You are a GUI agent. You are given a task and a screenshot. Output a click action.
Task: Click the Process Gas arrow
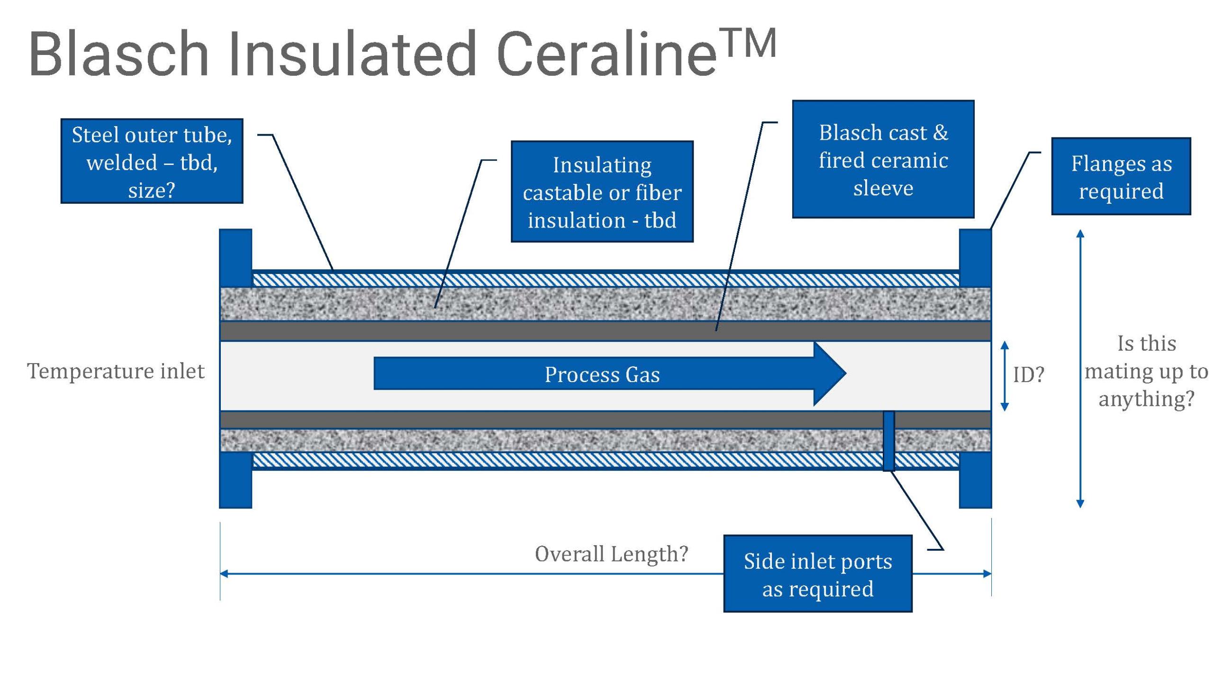pos(603,374)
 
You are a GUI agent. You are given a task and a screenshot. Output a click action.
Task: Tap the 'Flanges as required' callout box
pos(1121,176)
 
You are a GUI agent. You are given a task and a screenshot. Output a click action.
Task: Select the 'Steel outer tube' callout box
pos(152,162)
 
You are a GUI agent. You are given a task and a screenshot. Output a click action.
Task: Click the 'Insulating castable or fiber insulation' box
pos(602,192)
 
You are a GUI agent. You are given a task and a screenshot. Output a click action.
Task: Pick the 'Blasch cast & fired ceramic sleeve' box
pos(883,159)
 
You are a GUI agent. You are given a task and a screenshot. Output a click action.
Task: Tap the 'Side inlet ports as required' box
pos(817,574)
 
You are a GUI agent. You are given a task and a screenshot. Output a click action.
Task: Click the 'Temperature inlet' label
pos(116,371)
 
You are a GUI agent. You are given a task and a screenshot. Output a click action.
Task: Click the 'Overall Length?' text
pos(611,554)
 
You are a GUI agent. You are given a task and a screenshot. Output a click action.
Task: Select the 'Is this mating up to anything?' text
pos(1146,371)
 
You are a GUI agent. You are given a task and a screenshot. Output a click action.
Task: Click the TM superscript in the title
pos(747,44)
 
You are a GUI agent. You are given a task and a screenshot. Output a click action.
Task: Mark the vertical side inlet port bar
pos(888,441)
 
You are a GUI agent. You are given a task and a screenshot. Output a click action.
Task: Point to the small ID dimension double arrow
pos(1005,376)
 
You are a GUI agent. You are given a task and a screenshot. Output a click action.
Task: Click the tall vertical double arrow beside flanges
pos(1079,368)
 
